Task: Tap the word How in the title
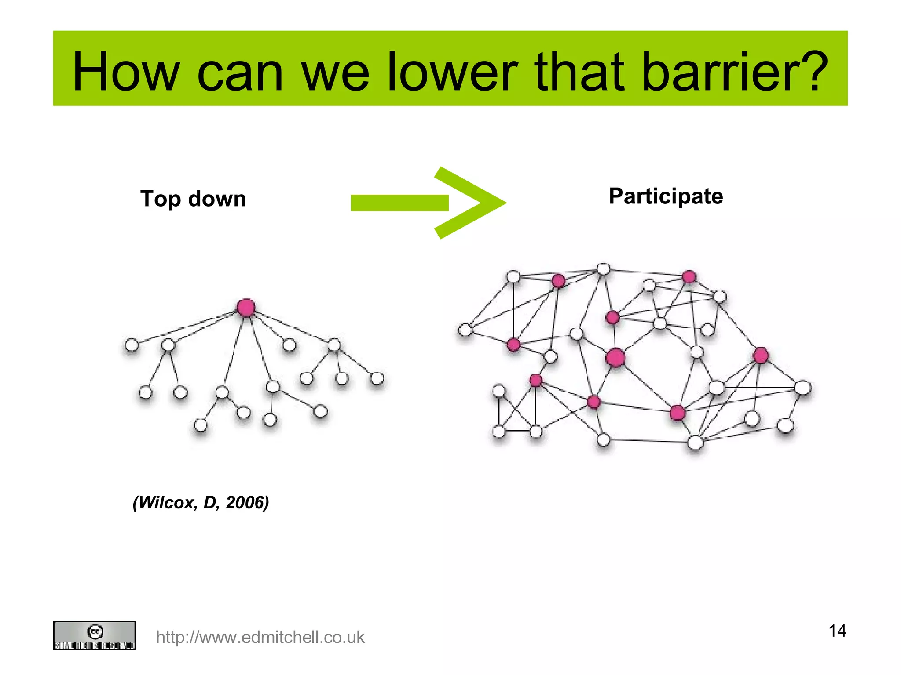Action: pos(126,72)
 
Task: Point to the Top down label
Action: pos(193,199)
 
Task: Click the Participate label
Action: pos(666,196)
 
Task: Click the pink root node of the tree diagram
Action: pos(245,307)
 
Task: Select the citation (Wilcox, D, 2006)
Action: pos(201,502)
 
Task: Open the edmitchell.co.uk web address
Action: pos(260,637)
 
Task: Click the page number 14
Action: pos(837,631)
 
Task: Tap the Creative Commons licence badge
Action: pos(94,635)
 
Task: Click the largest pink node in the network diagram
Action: pos(615,358)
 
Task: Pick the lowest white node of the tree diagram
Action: pos(201,425)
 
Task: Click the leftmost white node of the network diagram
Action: pos(465,330)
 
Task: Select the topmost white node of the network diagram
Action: pos(603,269)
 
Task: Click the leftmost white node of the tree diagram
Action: pos(132,345)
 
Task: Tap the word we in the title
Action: pos(335,72)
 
